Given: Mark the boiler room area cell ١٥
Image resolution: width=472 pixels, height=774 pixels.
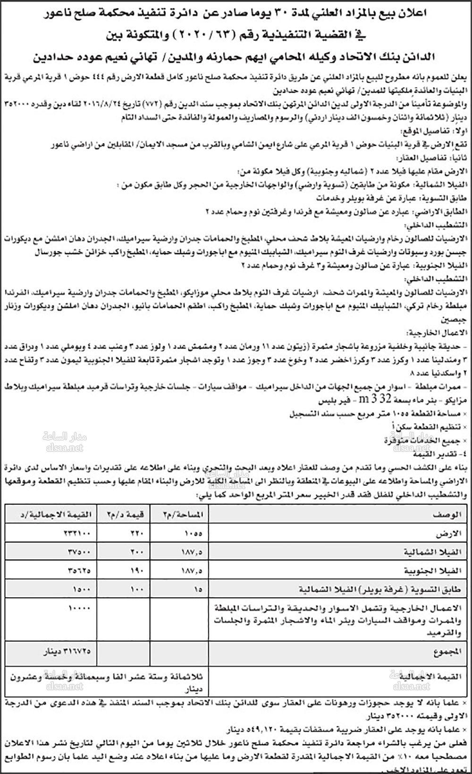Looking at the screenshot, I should point(197,589).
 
